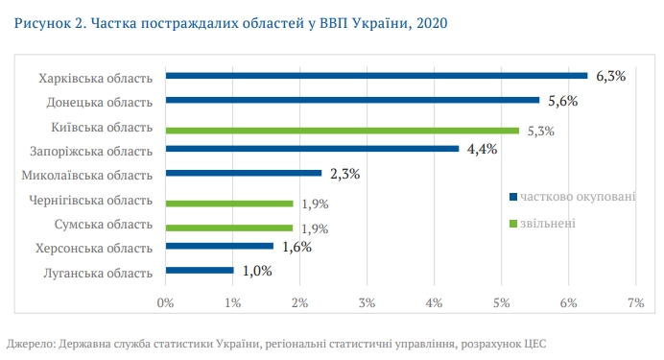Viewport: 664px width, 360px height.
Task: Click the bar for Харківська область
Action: (376, 75)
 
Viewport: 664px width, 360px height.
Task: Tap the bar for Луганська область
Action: (200, 271)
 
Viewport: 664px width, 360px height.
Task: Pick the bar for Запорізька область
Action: (312, 149)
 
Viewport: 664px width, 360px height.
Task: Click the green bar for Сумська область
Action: (229, 228)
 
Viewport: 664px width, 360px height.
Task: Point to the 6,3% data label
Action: (610, 76)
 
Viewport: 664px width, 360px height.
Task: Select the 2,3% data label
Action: (344, 174)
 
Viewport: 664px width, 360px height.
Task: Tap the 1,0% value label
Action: (257, 271)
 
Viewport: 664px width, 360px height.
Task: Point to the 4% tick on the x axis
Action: (434, 302)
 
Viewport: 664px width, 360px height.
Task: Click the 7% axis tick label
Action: (634, 302)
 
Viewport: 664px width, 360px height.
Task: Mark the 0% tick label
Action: (165, 302)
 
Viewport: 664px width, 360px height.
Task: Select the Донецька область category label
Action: (100, 101)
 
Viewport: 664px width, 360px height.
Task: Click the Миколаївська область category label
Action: (87, 175)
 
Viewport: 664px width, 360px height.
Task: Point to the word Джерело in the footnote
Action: (30, 343)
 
